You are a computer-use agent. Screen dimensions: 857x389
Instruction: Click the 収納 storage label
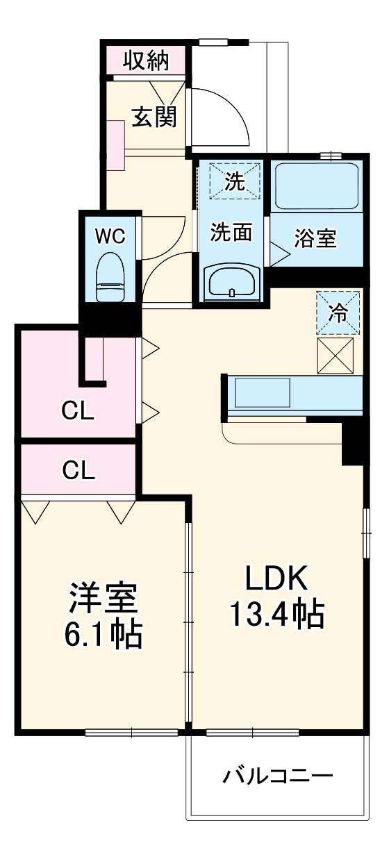(x=146, y=61)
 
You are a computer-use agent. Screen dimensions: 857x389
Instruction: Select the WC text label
(x=110, y=236)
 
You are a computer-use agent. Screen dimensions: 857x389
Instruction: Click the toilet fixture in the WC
(x=109, y=276)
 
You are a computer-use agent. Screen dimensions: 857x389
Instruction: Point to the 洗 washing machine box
(x=234, y=182)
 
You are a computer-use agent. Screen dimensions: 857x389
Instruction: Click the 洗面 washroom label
(x=231, y=233)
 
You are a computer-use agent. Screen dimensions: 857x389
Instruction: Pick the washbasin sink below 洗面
(x=232, y=282)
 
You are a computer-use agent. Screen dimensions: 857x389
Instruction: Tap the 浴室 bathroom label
(x=315, y=238)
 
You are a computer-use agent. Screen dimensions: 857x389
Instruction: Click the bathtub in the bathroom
(x=316, y=186)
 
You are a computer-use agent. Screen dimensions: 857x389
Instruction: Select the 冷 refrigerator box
(x=339, y=312)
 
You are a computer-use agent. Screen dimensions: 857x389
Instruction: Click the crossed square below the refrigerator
(x=339, y=356)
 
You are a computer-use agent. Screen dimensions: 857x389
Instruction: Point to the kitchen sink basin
(x=262, y=394)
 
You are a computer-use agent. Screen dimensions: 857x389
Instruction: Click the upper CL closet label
(x=78, y=412)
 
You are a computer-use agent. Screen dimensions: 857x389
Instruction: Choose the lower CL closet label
(x=78, y=470)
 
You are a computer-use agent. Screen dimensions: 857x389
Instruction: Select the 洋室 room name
(x=104, y=597)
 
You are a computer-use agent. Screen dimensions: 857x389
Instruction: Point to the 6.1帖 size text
(x=104, y=633)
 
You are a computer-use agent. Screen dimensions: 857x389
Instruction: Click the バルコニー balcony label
(x=277, y=775)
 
